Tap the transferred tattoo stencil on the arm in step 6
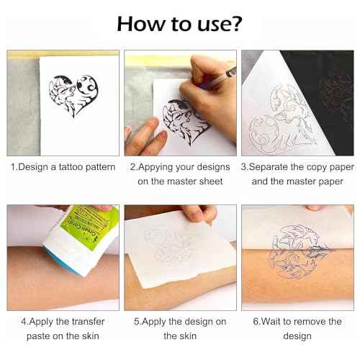295,252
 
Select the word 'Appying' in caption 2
153,167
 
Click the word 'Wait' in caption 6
264,321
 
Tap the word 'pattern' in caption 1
97,167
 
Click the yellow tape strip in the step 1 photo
65,53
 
